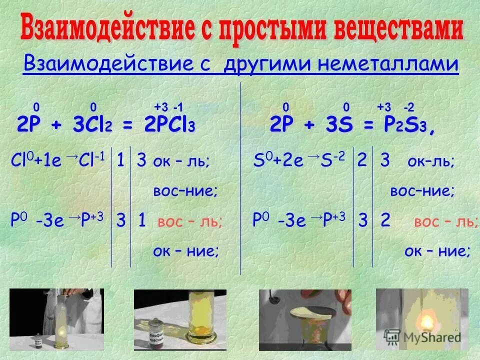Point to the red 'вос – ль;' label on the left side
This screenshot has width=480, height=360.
tap(190, 221)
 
